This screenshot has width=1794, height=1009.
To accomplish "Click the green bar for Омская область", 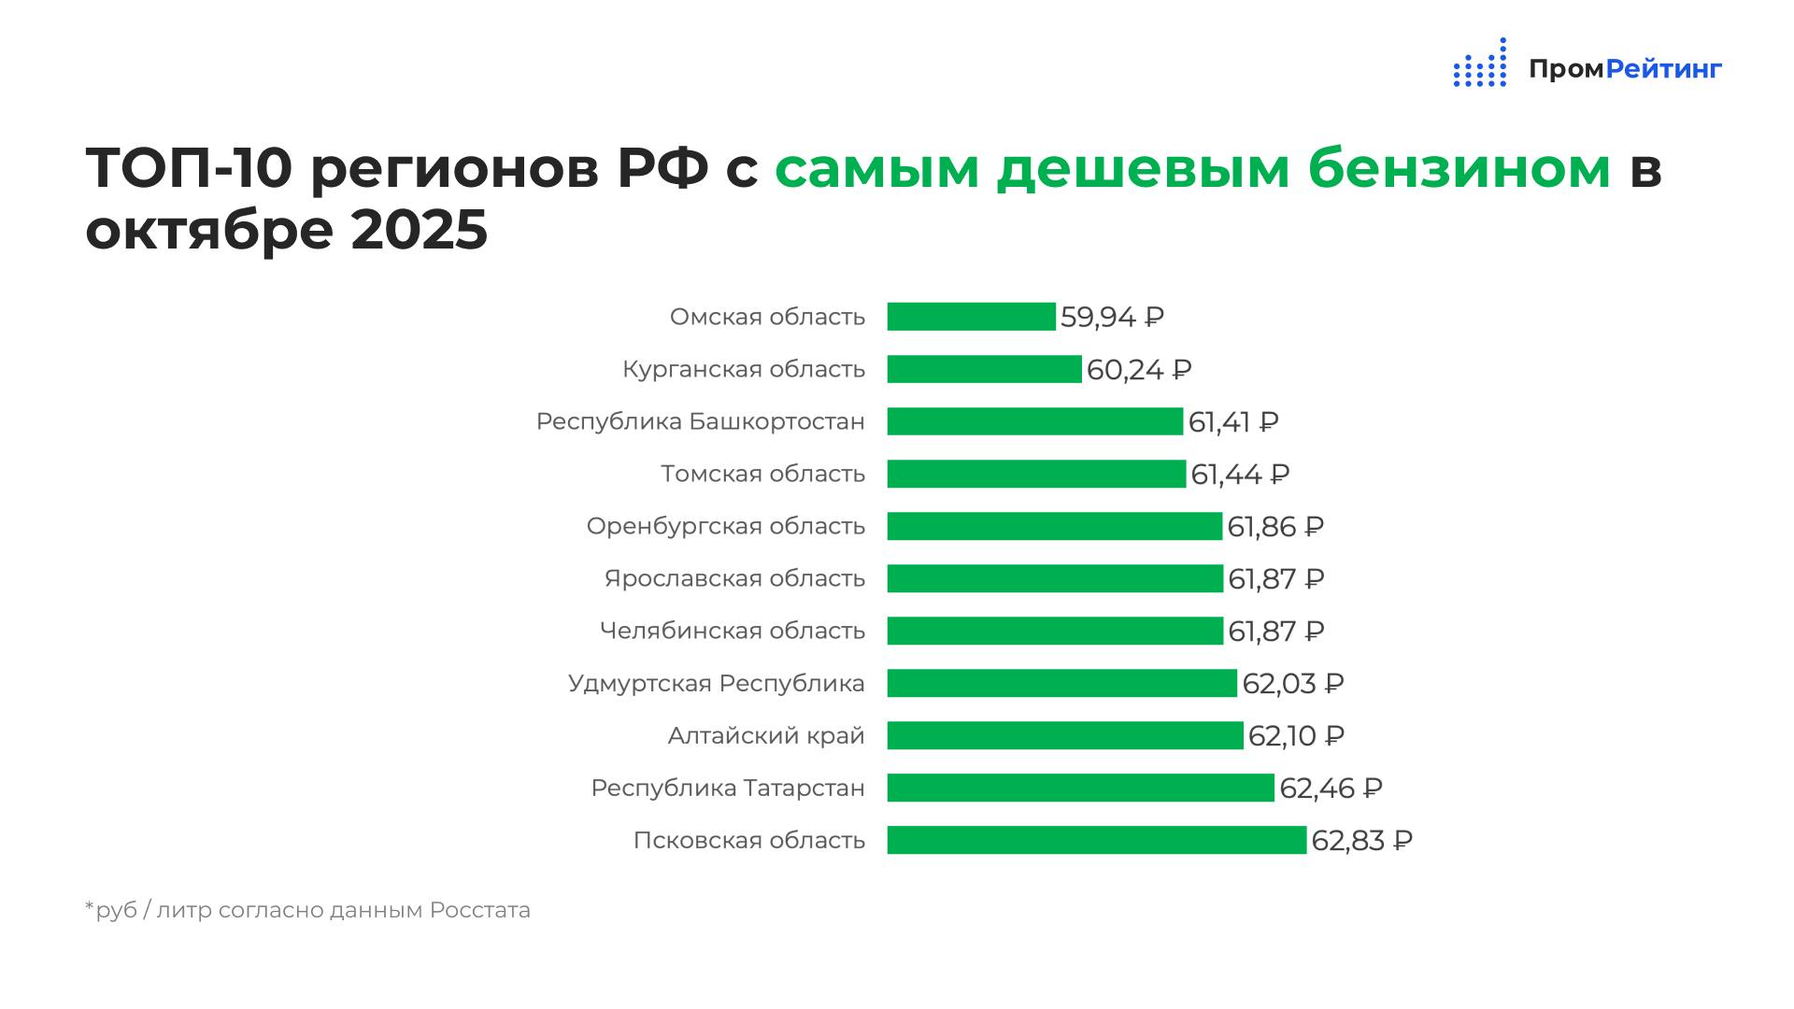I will [x=971, y=317].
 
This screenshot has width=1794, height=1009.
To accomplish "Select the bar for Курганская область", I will [x=984, y=369].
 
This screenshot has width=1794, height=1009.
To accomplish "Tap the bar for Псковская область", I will [x=1096, y=840].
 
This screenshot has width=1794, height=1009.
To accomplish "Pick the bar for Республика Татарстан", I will [x=1080, y=788].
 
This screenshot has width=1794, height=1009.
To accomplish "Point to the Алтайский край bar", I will [x=1065, y=735].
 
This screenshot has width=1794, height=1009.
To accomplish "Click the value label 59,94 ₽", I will [x=1112, y=318].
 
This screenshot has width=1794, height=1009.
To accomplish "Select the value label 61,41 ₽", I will [x=1233, y=422].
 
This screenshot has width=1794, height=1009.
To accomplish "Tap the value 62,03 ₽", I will [x=1292, y=684].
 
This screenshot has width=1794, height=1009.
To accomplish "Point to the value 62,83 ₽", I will [x=1361, y=841].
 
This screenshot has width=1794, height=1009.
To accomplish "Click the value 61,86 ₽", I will [x=1275, y=527].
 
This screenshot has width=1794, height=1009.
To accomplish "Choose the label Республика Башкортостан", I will [x=700, y=422].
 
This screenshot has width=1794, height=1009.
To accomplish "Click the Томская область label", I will [x=762, y=475].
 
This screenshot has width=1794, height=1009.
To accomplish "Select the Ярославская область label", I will [x=734, y=579].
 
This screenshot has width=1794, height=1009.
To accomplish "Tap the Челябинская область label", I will [x=732, y=632].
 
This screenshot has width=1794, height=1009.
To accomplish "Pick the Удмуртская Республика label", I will [x=716, y=684].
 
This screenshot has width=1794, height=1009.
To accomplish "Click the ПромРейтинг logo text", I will [x=1625, y=69].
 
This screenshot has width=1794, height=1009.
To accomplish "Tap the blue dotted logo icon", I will [x=1480, y=64].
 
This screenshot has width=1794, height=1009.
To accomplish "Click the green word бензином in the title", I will [x=1459, y=169].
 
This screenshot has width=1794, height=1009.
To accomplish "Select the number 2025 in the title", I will [x=420, y=230].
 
